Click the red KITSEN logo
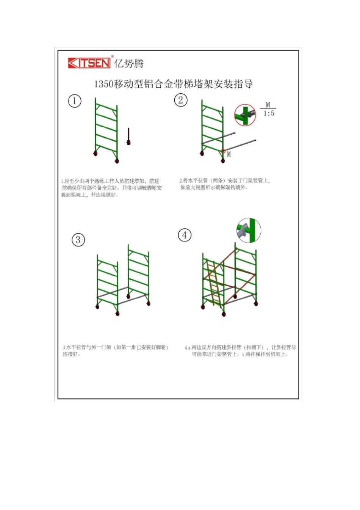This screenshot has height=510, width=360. click(89, 63)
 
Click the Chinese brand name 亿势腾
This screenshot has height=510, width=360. click(129, 64)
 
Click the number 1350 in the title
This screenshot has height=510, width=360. click(103, 84)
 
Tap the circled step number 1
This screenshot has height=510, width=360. click(75, 101)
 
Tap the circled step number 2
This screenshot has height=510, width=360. click(181, 100)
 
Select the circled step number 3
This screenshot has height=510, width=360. click(78, 240)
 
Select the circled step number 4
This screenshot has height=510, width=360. click(185, 235)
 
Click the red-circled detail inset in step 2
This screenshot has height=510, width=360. click(245, 115)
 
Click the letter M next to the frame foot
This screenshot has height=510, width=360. click(229, 154)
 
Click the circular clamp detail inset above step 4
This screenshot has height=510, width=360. click(249, 231)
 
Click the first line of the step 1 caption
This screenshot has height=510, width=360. click(110, 181)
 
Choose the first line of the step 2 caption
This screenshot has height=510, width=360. click(225, 180)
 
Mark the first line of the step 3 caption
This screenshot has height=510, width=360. click(115, 347)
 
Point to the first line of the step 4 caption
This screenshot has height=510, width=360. click(240, 347)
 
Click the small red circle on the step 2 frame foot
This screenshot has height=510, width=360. click(223, 151)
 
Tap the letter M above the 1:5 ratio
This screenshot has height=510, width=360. click(268, 105)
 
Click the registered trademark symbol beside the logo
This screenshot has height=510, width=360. click(112, 56)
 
